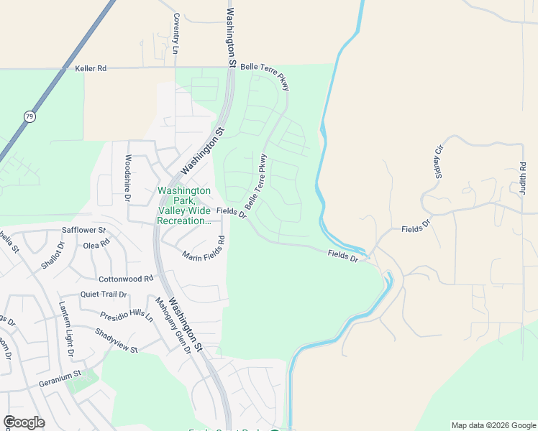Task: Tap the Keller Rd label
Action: (91, 68)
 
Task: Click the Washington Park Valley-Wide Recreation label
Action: (184, 205)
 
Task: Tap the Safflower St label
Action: (84, 231)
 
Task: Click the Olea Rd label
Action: (96, 244)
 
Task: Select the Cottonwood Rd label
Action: (127, 278)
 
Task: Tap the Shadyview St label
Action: (116, 340)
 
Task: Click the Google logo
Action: (24, 422)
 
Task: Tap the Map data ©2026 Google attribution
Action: (493, 425)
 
